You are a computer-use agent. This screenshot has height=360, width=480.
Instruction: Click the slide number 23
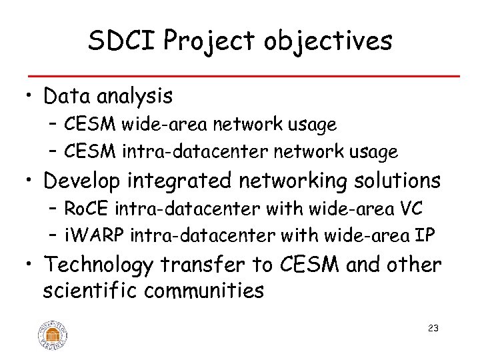point(433,329)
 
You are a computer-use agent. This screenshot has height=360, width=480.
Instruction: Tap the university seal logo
point(53,334)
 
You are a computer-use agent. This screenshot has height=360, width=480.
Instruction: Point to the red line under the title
point(240,76)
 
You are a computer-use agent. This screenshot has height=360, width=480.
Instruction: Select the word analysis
point(135,97)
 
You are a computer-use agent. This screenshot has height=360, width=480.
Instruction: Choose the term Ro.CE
point(87,209)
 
